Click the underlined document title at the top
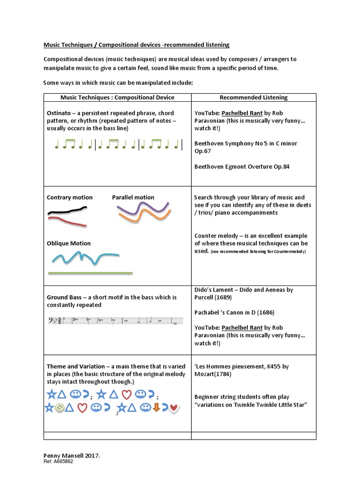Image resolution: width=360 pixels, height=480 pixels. coord(136,45)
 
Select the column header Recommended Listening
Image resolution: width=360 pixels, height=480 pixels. coord(254,97)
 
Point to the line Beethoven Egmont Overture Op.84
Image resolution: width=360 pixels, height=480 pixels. coord(242,166)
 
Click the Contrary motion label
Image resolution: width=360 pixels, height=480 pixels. coord(70,197)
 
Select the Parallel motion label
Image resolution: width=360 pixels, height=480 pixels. coord(133,197)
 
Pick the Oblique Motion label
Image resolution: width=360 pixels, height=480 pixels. coord(69,243)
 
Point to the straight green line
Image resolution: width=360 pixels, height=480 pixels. coord(90,273)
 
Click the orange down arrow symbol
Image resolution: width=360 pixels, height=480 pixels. coord(157,408)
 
